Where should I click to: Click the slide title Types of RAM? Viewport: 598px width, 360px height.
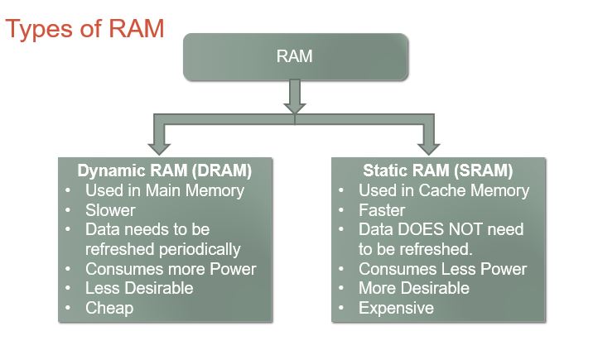coord(84,29)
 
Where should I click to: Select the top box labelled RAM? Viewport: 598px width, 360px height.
coord(296,57)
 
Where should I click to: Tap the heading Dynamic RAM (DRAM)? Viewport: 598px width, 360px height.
coord(165,170)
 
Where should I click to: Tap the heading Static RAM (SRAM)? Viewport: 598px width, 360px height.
coord(438,170)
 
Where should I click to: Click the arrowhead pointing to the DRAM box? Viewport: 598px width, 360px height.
coord(159,149)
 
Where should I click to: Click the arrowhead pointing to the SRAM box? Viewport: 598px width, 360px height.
coord(429,149)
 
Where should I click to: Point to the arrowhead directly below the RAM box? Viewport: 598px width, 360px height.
coord(295,108)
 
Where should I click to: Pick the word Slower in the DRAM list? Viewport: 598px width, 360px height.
coord(110,210)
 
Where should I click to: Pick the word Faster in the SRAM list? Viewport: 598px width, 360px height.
coord(382,210)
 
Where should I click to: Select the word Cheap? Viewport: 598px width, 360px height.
coord(109,308)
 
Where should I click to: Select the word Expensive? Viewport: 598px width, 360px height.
coord(396,308)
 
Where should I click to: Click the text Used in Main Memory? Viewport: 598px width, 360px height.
coord(165,191)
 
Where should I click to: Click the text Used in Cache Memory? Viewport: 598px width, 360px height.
coord(444,191)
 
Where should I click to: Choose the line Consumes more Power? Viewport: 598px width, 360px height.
coord(171,269)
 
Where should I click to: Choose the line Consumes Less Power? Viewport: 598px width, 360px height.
coord(443,269)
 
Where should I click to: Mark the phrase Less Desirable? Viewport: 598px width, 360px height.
coord(139,288)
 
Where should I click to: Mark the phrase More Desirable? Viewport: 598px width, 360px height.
coord(414,288)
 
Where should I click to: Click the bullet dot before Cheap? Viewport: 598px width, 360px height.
coord(68,308)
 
